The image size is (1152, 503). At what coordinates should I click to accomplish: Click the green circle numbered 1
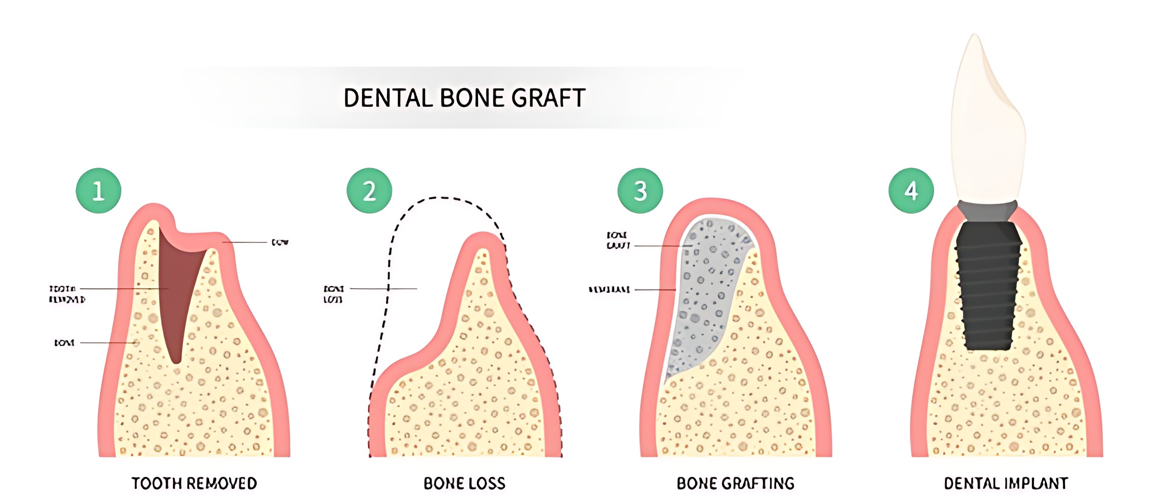99,191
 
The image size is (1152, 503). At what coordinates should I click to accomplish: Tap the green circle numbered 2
369,191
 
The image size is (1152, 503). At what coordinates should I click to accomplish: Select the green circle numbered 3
640,191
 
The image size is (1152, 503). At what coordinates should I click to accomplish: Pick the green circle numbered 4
911,191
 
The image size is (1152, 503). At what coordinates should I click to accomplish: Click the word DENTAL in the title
388,98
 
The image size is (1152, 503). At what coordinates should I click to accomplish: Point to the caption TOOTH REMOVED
194,483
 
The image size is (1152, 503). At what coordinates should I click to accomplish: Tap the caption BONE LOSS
464,483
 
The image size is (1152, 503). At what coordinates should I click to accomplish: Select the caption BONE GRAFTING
735,483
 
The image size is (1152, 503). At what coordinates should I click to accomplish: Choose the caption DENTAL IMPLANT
1006,483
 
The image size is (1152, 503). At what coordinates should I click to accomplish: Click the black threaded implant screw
989,287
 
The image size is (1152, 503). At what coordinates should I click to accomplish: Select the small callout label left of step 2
334,294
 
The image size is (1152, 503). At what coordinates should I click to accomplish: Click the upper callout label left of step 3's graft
618,240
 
